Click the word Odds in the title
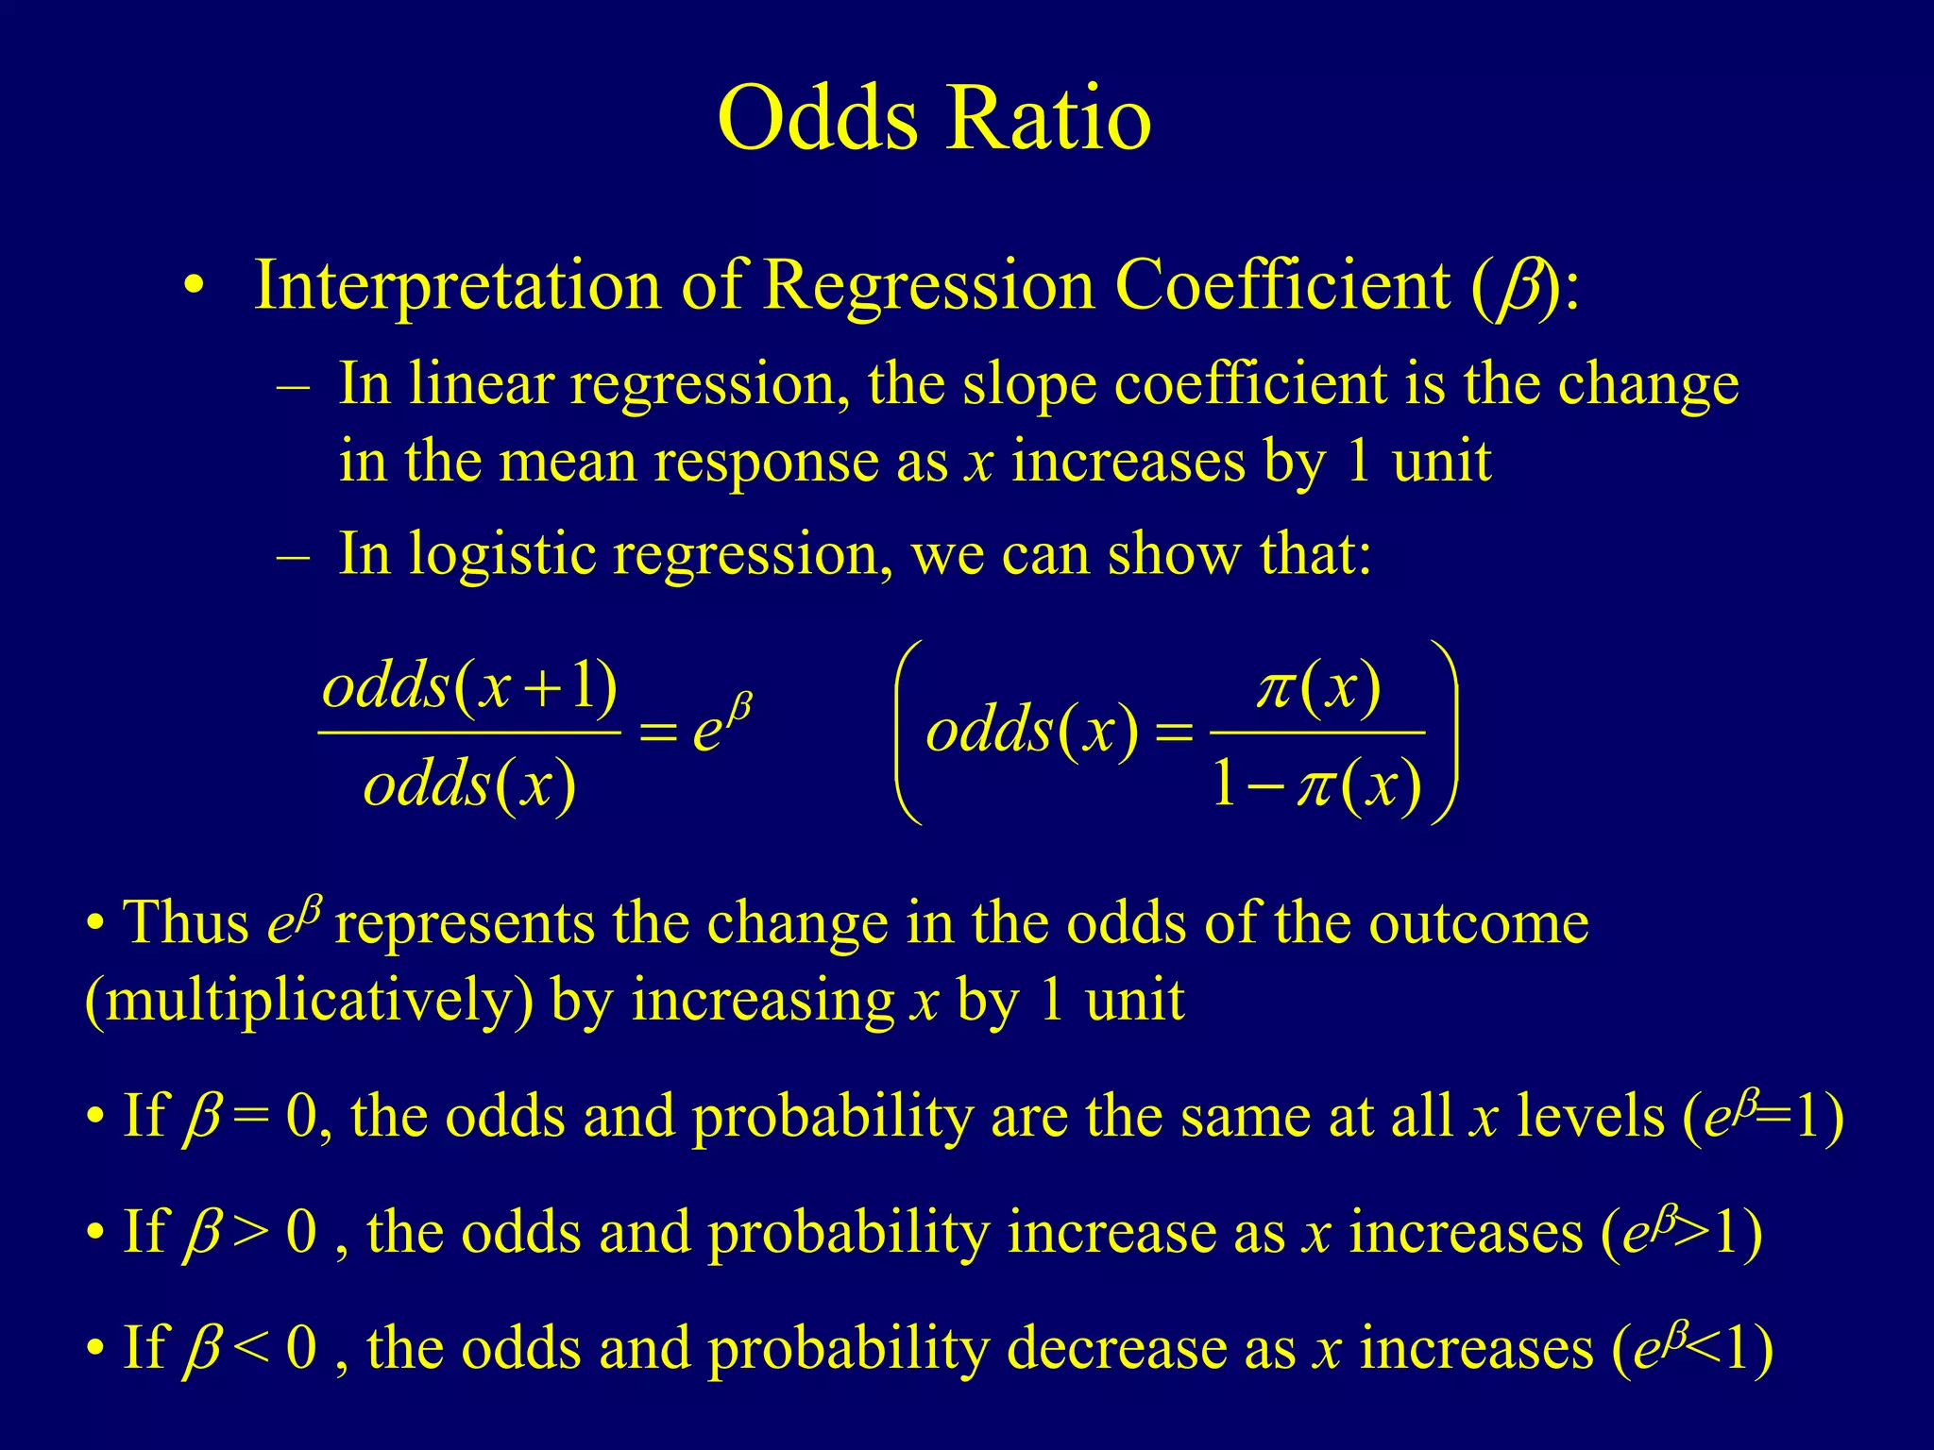[x=818, y=118]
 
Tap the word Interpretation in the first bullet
[x=457, y=285]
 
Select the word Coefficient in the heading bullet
[x=1281, y=285]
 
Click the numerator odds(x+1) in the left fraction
[x=469, y=686]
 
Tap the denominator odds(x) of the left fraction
[x=469, y=784]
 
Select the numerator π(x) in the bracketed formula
[x=1318, y=688]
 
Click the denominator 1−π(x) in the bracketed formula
[x=1316, y=785]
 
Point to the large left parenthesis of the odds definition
[x=907, y=732]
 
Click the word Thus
[x=186, y=922]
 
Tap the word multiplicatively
[x=310, y=1001]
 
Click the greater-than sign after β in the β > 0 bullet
[x=250, y=1234]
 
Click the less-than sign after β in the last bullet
[x=250, y=1348]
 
